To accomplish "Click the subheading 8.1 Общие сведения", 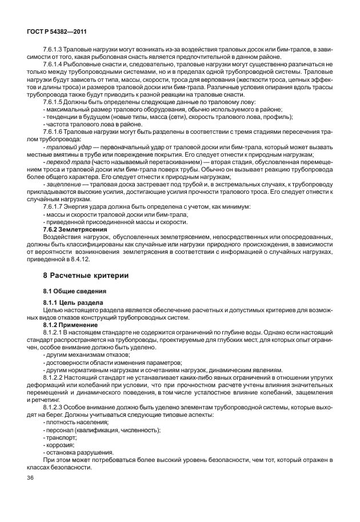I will click(x=71, y=291).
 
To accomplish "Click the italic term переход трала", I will click(x=66, y=162).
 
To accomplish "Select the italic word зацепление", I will click(x=61, y=184).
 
